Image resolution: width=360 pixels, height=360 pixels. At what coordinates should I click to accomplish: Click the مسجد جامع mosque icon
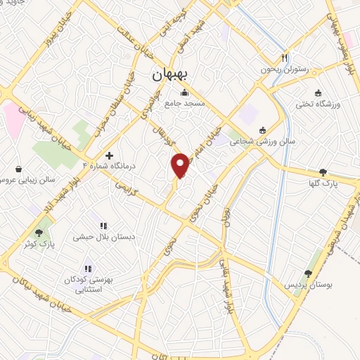tap(184, 92)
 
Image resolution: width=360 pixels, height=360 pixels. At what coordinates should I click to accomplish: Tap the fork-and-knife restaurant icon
tap(285, 58)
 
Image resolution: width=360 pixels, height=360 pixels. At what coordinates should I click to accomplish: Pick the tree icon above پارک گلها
tap(323, 172)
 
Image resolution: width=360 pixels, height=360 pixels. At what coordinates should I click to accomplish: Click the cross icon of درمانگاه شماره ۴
tap(108, 155)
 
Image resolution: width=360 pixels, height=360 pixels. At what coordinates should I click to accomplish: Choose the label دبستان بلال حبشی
tap(103, 237)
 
